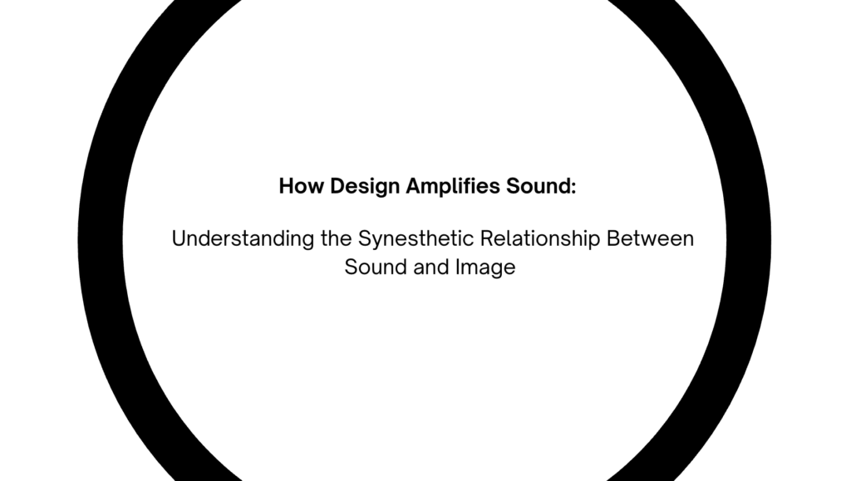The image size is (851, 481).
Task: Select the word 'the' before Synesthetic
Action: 336,238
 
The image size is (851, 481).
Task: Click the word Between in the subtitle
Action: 650,238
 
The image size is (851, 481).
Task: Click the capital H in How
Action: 286,186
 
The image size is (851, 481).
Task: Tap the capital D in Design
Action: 337,186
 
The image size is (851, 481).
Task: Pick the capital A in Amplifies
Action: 414,186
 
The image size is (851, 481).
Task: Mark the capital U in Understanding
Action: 179,239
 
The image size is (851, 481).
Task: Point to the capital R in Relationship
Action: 487,238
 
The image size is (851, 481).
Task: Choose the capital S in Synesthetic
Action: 365,238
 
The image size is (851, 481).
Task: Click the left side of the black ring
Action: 101,240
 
